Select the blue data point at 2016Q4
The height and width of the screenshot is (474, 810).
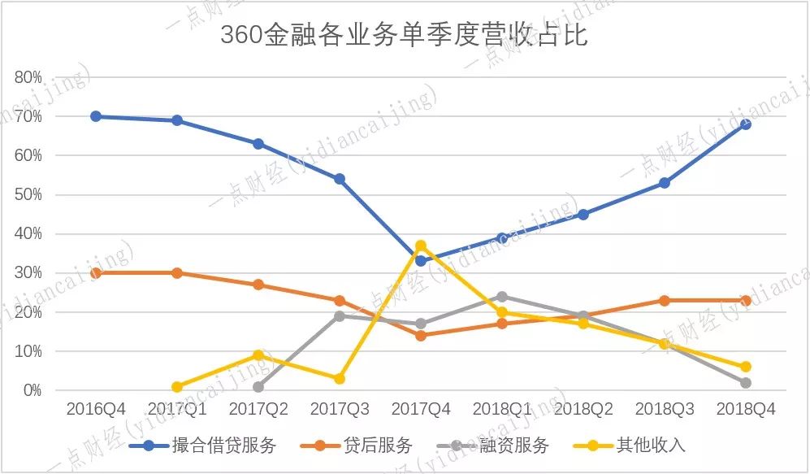point(96,116)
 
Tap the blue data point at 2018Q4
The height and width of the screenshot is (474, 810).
point(745,124)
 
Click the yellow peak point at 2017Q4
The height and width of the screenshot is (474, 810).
point(421,246)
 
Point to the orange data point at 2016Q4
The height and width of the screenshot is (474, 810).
point(96,273)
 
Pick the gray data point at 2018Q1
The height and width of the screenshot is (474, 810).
point(502,297)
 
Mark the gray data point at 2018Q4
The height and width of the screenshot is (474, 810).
point(745,382)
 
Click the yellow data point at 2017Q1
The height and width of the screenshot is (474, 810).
point(177,386)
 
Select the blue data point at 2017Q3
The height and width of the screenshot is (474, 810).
point(340,179)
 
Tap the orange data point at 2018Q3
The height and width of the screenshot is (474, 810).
point(664,300)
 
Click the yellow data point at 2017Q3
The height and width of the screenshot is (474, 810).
point(340,379)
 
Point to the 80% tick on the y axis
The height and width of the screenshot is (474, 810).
point(28,77)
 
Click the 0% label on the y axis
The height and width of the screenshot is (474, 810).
point(32,390)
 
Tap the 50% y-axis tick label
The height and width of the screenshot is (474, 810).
point(28,195)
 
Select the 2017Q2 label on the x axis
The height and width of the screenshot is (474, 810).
point(258,410)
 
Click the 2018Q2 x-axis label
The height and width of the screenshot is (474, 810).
point(583,410)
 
